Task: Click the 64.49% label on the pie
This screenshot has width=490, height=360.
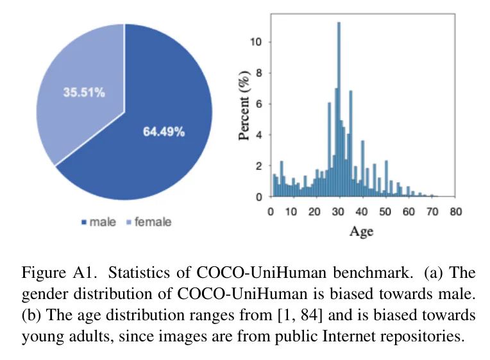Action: (x=163, y=132)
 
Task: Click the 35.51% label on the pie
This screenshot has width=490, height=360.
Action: (x=83, y=92)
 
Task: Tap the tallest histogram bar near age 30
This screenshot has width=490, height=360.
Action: (x=339, y=109)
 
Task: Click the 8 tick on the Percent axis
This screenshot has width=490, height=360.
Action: (x=259, y=73)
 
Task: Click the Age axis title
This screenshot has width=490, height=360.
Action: (x=361, y=232)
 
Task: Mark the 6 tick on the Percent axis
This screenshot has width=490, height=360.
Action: (x=259, y=104)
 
